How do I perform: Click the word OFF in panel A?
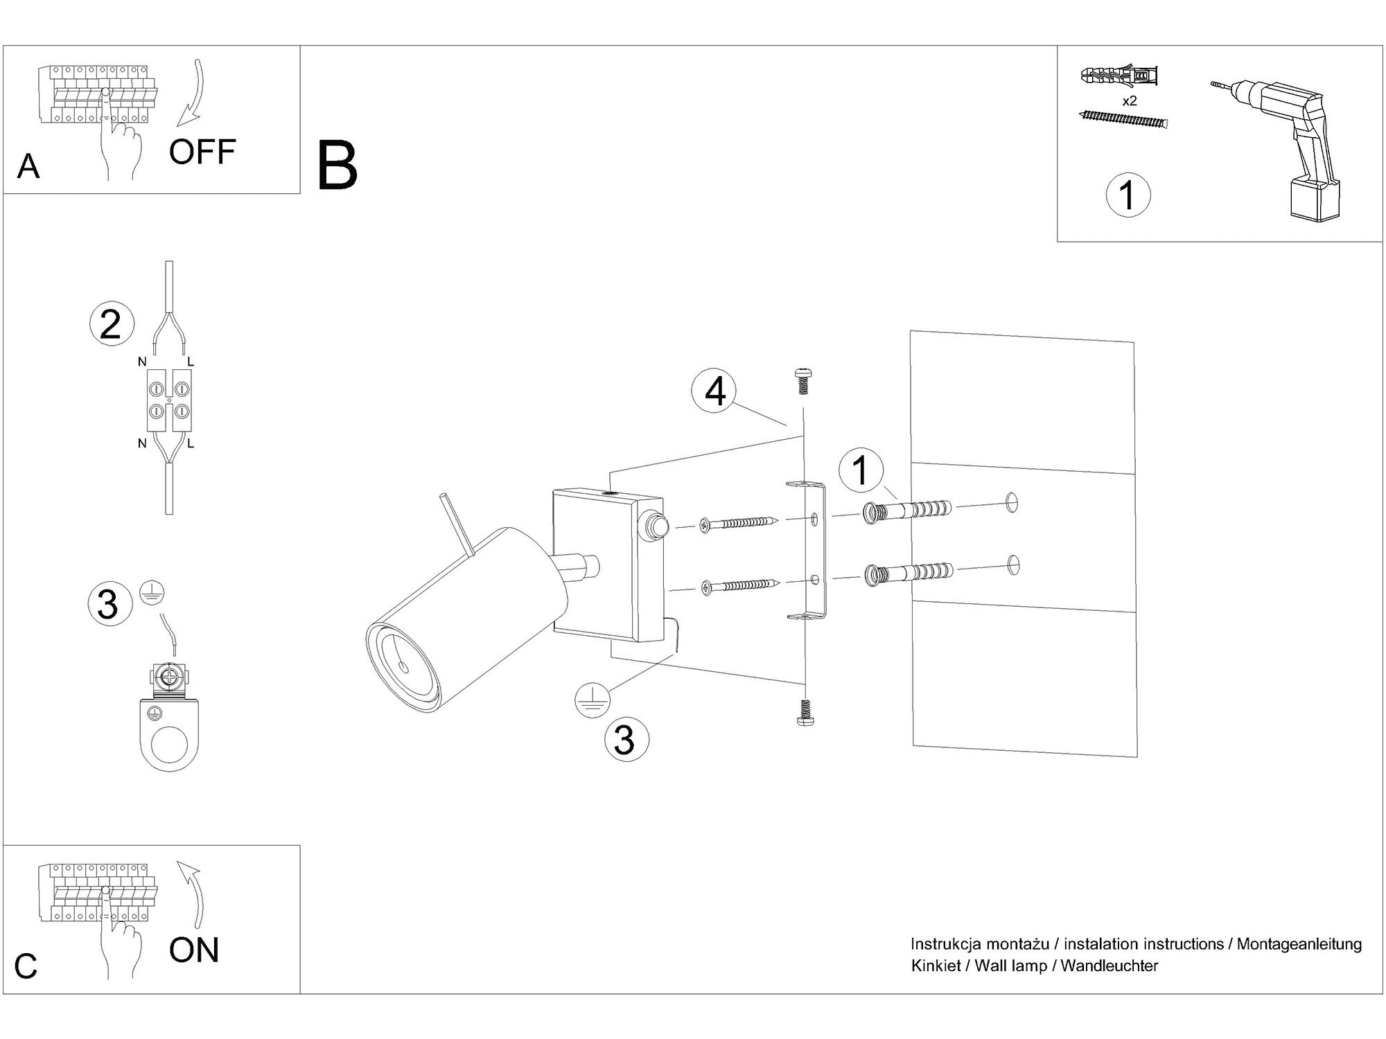pos(202,152)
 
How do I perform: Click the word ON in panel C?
pos(193,950)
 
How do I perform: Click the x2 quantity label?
pos(1130,100)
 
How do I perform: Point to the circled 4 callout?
pos(714,391)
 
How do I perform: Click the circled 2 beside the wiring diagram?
pos(110,325)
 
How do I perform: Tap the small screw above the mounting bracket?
pos(803,380)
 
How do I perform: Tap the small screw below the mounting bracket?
pos(805,713)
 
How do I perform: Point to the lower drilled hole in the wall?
pos(1014,565)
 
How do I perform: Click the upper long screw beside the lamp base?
pos(738,524)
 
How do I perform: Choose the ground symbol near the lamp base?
pos(592,700)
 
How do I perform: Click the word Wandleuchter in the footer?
pos(1109,966)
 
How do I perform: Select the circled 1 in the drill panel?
pos(1128,195)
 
